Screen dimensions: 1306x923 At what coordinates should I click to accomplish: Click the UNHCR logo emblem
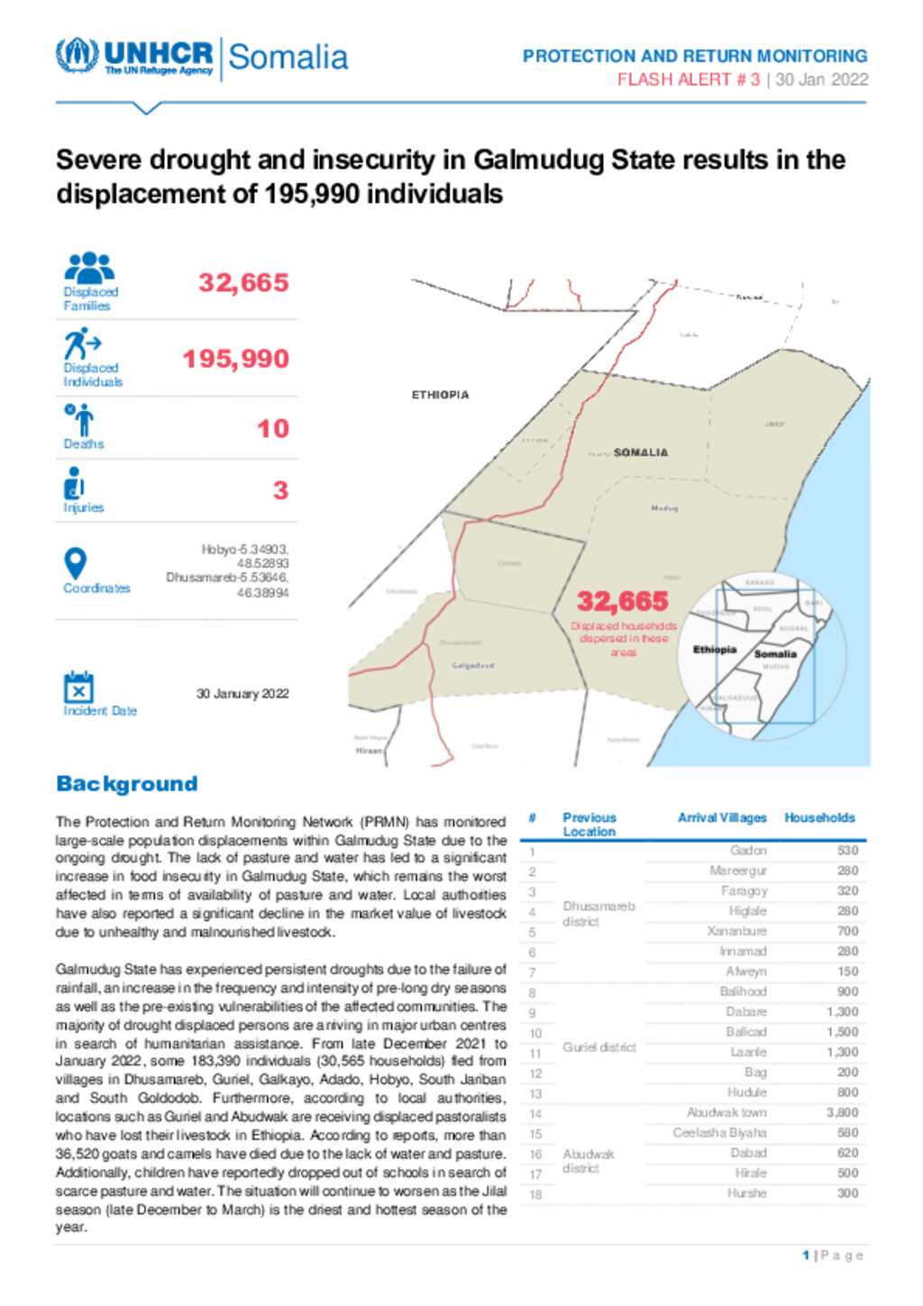77,56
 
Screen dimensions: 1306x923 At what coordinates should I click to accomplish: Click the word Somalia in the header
288,57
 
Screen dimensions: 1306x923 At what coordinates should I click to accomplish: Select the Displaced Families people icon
89,268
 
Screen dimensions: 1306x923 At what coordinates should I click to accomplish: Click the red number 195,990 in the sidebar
235,359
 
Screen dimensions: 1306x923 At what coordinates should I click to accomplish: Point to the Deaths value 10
272,428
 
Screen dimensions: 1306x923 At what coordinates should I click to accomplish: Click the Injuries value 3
280,490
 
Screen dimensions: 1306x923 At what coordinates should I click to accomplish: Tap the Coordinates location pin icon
76,563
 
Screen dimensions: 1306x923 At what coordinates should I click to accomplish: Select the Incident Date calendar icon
78,687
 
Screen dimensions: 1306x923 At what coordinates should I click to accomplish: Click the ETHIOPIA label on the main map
440,395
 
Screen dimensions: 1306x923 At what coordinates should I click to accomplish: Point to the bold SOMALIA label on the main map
641,452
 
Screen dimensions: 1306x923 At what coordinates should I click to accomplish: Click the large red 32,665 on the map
622,601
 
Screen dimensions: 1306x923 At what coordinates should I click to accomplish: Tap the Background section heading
126,783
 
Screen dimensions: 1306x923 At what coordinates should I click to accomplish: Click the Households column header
818,817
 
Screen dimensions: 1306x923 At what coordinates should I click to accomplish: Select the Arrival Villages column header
721,817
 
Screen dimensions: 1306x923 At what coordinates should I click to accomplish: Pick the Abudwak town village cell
726,1112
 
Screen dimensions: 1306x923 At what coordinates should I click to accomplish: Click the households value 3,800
842,1112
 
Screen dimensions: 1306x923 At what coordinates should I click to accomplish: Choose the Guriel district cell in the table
599,1047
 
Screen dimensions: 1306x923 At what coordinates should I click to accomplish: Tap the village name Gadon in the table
748,850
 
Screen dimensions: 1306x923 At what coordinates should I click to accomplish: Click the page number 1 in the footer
806,1255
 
